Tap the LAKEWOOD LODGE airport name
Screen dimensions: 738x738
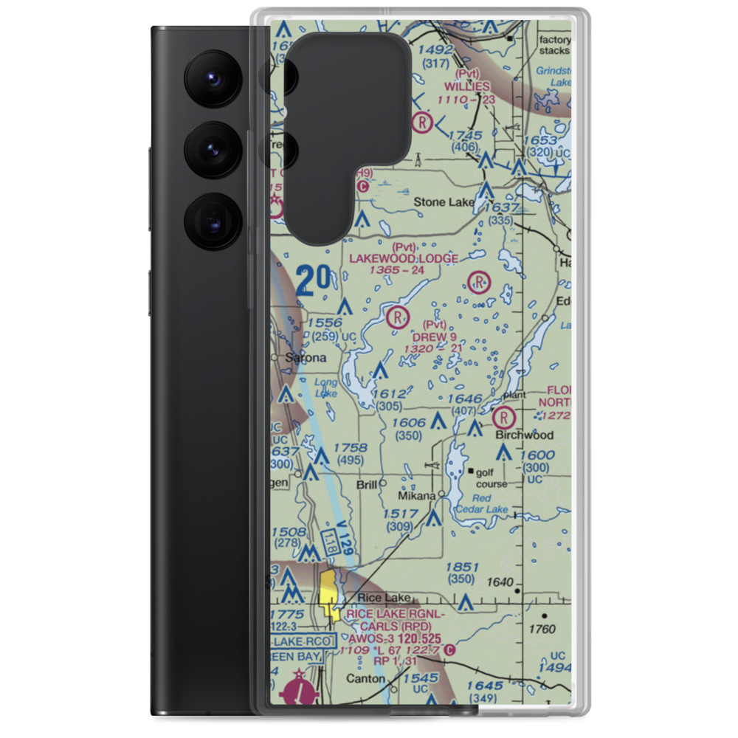404,258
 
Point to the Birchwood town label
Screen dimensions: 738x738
524,435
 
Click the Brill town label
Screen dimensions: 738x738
366,485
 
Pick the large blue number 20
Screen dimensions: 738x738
314,281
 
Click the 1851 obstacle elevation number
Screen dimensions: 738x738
463,567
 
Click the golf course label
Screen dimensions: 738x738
492,477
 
